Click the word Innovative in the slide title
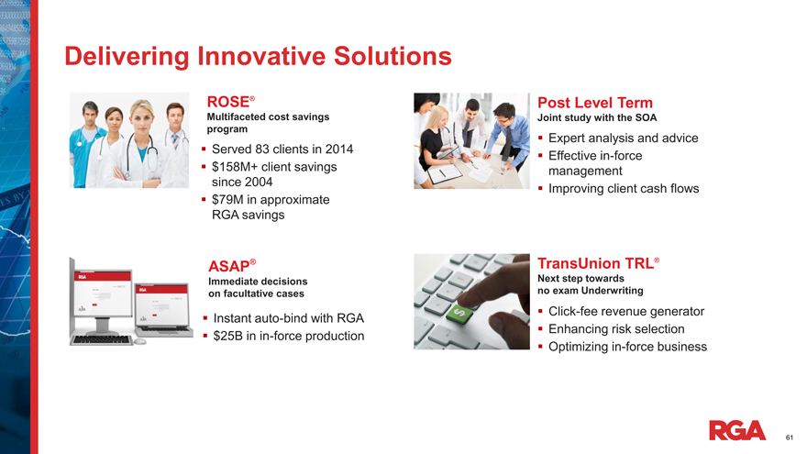[261, 56]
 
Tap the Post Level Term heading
[595, 103]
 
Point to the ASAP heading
[232, 266]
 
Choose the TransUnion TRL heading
[599, 263]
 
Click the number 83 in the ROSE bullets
[262, 149]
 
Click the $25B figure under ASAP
[228, 336]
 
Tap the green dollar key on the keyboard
[459, 313]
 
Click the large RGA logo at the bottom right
[737, 430]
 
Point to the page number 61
[790, 437]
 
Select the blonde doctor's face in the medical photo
[142, 119]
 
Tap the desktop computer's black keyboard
[103, 340]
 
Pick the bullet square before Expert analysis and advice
[540, 138]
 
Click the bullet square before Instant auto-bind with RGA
[205, 318]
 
